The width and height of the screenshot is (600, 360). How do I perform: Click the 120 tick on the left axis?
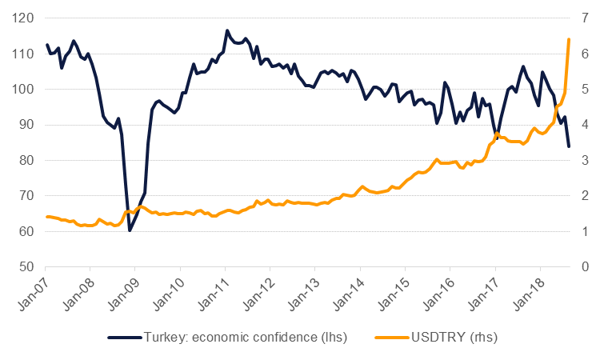24,18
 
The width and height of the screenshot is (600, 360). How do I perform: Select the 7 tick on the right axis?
586,18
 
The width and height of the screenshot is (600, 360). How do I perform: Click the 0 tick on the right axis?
586,266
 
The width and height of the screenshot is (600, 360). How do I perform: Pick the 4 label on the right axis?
586,125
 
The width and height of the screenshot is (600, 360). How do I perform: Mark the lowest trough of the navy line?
130,230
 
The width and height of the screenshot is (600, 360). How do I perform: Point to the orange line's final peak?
569,39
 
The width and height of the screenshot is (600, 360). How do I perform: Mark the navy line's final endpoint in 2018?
569,146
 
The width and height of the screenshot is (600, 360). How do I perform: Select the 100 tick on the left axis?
24,90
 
